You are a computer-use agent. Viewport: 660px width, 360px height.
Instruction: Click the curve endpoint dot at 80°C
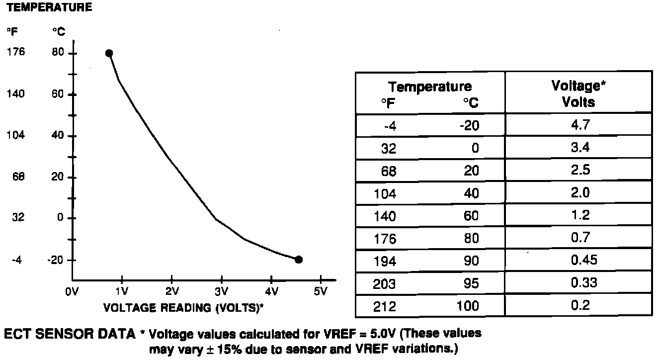(109, 53)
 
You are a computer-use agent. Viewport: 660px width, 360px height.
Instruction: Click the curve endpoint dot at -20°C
(299, 259)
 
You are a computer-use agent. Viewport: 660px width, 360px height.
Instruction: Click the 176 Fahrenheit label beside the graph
(16, 53)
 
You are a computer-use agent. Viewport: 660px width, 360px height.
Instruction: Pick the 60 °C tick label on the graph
(58, 94)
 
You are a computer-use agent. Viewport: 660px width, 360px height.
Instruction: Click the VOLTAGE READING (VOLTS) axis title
(183, 308)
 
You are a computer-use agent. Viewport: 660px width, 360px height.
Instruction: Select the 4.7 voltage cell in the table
(578, 124)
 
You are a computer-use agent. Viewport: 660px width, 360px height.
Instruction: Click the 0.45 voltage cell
(578, 260)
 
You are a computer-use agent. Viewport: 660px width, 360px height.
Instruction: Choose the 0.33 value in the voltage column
(578, 283)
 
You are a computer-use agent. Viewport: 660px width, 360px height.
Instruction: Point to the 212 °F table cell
(385, 306)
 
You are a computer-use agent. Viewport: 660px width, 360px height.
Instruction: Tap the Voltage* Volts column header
(578, 93)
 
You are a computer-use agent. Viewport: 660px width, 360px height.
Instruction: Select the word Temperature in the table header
(430, 87)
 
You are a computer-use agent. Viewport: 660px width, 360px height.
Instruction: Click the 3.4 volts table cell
(578, 147)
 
